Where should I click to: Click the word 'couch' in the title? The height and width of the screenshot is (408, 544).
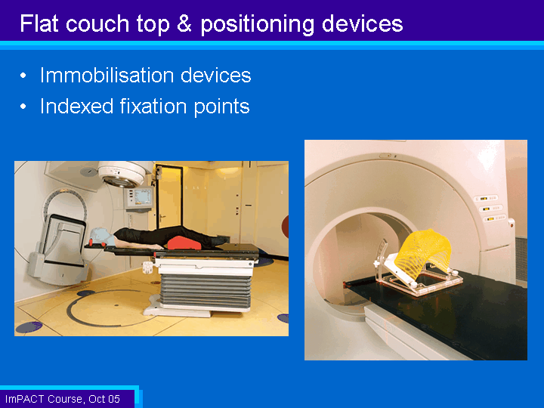point(97,23)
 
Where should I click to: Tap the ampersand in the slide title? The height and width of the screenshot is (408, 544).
point(184,23)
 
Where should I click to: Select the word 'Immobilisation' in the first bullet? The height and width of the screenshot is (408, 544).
point(107,75)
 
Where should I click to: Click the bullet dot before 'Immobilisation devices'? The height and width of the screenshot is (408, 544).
point(23,76)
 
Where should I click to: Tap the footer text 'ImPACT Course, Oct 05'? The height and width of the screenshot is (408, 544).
point(63,399)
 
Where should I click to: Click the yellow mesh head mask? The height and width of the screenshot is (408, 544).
point(425,253)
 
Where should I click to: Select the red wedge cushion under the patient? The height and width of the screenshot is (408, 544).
point(184,243)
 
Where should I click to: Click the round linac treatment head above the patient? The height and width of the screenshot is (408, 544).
point(122,174)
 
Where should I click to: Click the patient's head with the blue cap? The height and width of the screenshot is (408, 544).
point(102,236)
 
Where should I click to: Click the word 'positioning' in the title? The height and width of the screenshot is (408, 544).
point(257,24)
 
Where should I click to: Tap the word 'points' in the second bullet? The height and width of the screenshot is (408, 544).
point(221,107)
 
